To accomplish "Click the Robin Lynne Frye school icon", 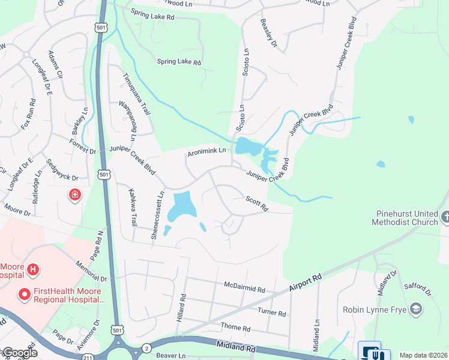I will pos(415,310).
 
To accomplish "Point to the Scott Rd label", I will pos(256,203).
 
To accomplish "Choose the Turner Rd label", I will pos(272,313).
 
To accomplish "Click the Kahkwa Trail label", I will pos(132,207).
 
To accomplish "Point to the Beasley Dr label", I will pos(268,33).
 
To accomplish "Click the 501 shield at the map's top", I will pos(99,28).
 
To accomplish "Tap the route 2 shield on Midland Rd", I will pos(146,348).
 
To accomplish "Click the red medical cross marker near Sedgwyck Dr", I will pos(75,195).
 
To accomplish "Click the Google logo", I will pos(20,353).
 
